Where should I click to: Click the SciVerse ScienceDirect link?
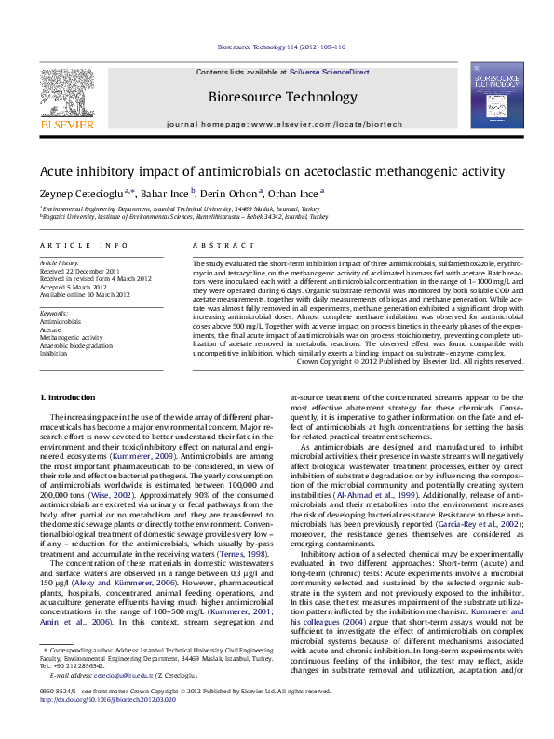tap(329, 72)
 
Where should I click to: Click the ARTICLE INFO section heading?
tap(84, 245)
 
